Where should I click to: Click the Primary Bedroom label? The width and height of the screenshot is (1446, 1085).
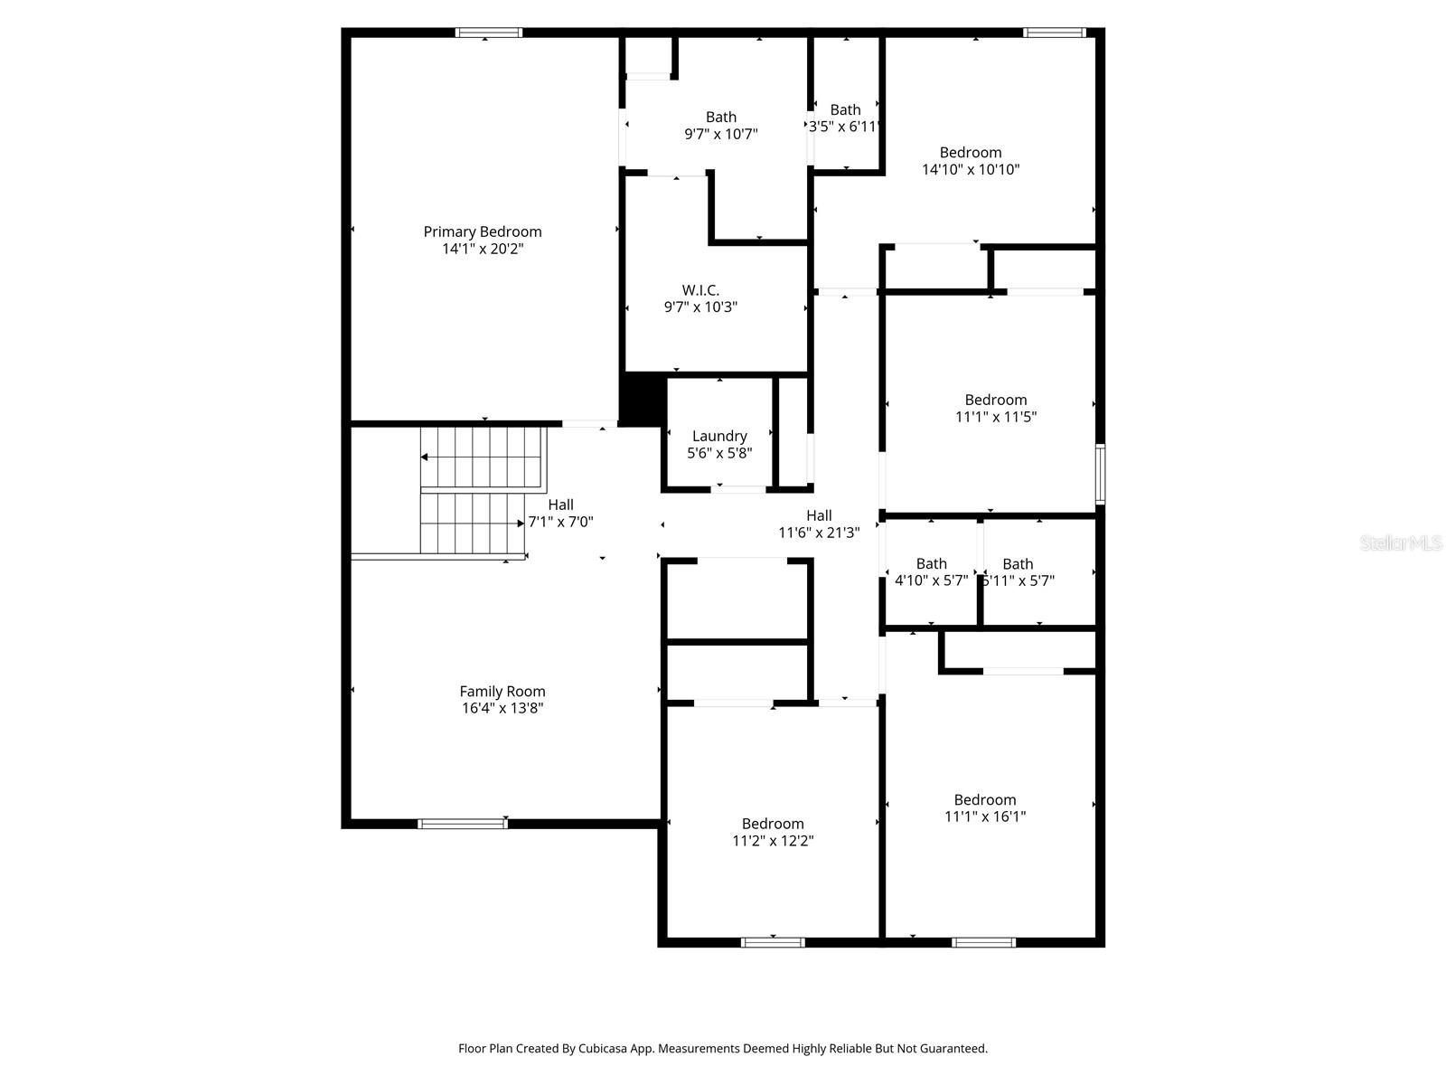tap(483, 231)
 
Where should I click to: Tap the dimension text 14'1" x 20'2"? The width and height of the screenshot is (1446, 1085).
tap(483, 249)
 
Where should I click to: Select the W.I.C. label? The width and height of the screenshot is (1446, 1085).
tap(700, 290)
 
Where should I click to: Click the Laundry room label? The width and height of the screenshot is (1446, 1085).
tap(719, 436)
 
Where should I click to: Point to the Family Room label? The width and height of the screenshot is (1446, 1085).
tap(502, 692)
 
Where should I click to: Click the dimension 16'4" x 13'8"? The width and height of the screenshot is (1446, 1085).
tap(502, 709)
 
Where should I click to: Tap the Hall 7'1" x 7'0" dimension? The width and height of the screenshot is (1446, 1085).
tap(560, 522)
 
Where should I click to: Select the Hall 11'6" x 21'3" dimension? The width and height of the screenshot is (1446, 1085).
tap(819, 533)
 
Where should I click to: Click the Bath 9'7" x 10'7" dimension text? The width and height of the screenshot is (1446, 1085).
tap(720, 134)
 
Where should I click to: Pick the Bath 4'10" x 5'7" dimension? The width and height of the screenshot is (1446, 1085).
tap(931, 580)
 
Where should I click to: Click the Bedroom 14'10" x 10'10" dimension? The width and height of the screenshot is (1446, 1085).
tap(971, 169)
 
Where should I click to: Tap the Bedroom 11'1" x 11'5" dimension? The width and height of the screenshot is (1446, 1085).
tap(996, 417)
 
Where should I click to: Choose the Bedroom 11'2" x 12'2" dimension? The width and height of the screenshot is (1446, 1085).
tap(773, 841)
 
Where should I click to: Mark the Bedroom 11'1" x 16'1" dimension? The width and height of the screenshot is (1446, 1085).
tap(985, 816)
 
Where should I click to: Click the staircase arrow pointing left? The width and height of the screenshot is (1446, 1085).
tap(425, 458)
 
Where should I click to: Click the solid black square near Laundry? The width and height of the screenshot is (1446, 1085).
tap(641, 399)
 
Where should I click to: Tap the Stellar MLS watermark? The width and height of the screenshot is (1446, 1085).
tap(1401, 543)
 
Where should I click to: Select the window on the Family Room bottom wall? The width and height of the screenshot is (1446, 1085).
tap(463, 823)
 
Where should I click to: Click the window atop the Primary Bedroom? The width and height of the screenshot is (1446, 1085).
tap(489, 33)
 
